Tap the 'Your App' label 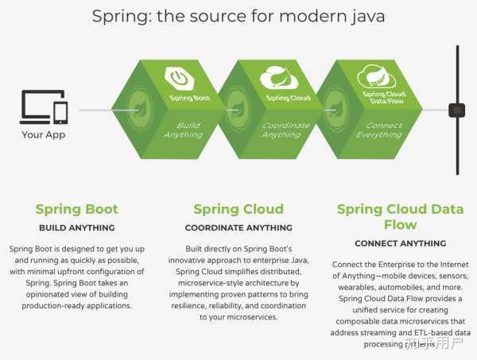coord(44,134)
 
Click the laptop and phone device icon coord(44,106)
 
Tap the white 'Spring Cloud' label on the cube coord(288,99)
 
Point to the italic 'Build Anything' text coord(184,130)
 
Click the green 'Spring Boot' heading coord(76,210)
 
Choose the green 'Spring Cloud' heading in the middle coord(238,210)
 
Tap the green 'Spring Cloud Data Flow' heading coord(400,217)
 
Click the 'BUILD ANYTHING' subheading coord(76,228)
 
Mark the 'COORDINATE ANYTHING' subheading coord(238,228)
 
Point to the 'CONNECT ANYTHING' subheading coord(400,243)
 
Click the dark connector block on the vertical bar coord(457,110)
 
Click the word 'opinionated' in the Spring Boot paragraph coord(41,294)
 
